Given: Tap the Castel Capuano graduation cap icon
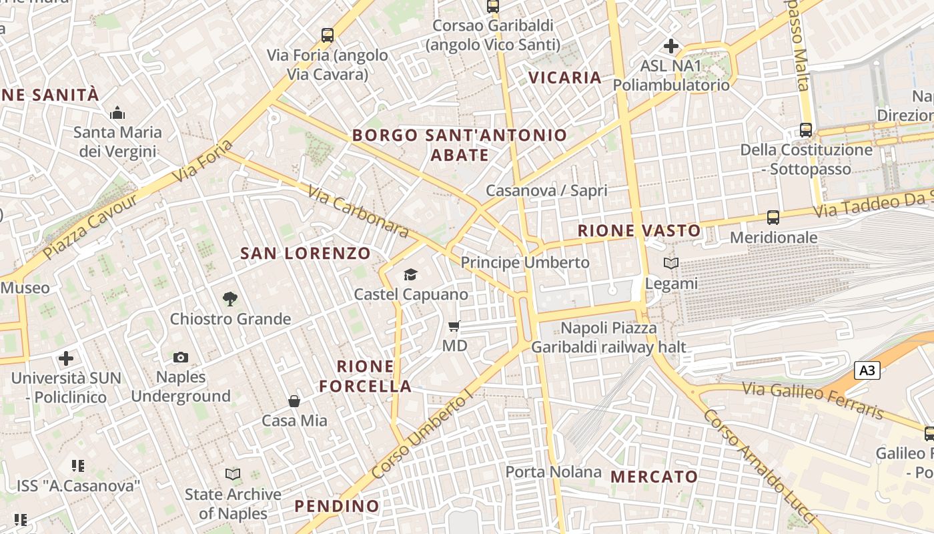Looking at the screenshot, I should pyautogui.click(x=410, y=274).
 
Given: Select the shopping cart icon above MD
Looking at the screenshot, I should pyautogui.click(x=454, y=326).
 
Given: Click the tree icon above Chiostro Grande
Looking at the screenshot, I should pyautogui.click(x=230, y=298).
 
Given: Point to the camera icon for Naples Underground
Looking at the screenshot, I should pyautogui.click(x=181, y=357).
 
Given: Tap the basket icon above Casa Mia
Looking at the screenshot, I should pyautogui.click(x=294, y=400).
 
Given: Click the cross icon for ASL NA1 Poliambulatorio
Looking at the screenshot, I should pyautogui.click(x=671, y=46).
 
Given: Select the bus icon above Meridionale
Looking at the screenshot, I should pyautogui.click(x=773, y=217).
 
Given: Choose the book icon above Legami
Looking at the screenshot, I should pyautogui.click(x=671, y=263).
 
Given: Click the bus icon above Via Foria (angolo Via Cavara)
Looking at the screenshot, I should pyautogui.click(x=327, y=35).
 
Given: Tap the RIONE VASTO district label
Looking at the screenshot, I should pyautogui.click(x=639, y=231).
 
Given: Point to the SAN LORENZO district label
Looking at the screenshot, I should pyautogui.click(x=305, y=254).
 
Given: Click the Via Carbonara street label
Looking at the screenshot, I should pyautogui.click(x=358, y=211).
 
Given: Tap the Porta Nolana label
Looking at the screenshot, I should pyautogui.click(x=553, y=472).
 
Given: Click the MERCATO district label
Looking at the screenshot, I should pyautogui.click(x=654, y=477).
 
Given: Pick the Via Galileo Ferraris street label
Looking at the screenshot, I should pyautogui.click(x=813, y=399).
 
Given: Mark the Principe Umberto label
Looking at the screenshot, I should pyautogui.click(x=525, y=262).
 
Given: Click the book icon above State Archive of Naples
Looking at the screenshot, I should pyautogui.click(x=233, y=474).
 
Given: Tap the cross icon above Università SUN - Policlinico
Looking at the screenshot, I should pyautogui.click(x=66, y=358).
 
